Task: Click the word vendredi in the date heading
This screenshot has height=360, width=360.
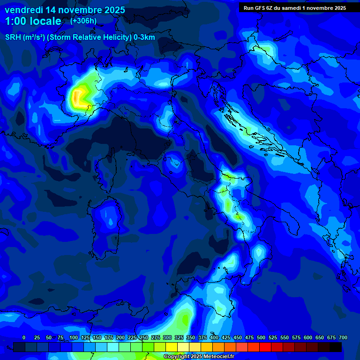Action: click(23, 10)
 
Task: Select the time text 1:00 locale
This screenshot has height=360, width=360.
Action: click(33, 21)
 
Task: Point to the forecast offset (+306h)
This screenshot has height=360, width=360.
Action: click(83, 21)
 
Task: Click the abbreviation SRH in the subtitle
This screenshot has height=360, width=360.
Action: click(13, 37)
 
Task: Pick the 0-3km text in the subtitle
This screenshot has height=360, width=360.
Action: click(144, 37)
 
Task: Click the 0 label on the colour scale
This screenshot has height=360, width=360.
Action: click(24, 337)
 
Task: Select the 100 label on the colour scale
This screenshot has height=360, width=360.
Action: click(73, 337)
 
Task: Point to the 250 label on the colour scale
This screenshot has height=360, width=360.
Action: click(143, 337)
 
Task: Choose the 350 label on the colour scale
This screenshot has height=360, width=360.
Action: click(190, 337)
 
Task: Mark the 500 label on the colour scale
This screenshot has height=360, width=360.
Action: click(261, 337)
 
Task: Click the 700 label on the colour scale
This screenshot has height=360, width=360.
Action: click(343, 337)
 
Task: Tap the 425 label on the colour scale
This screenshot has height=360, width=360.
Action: click(225, 337)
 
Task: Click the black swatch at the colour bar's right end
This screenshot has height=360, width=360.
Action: click(336, 347)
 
